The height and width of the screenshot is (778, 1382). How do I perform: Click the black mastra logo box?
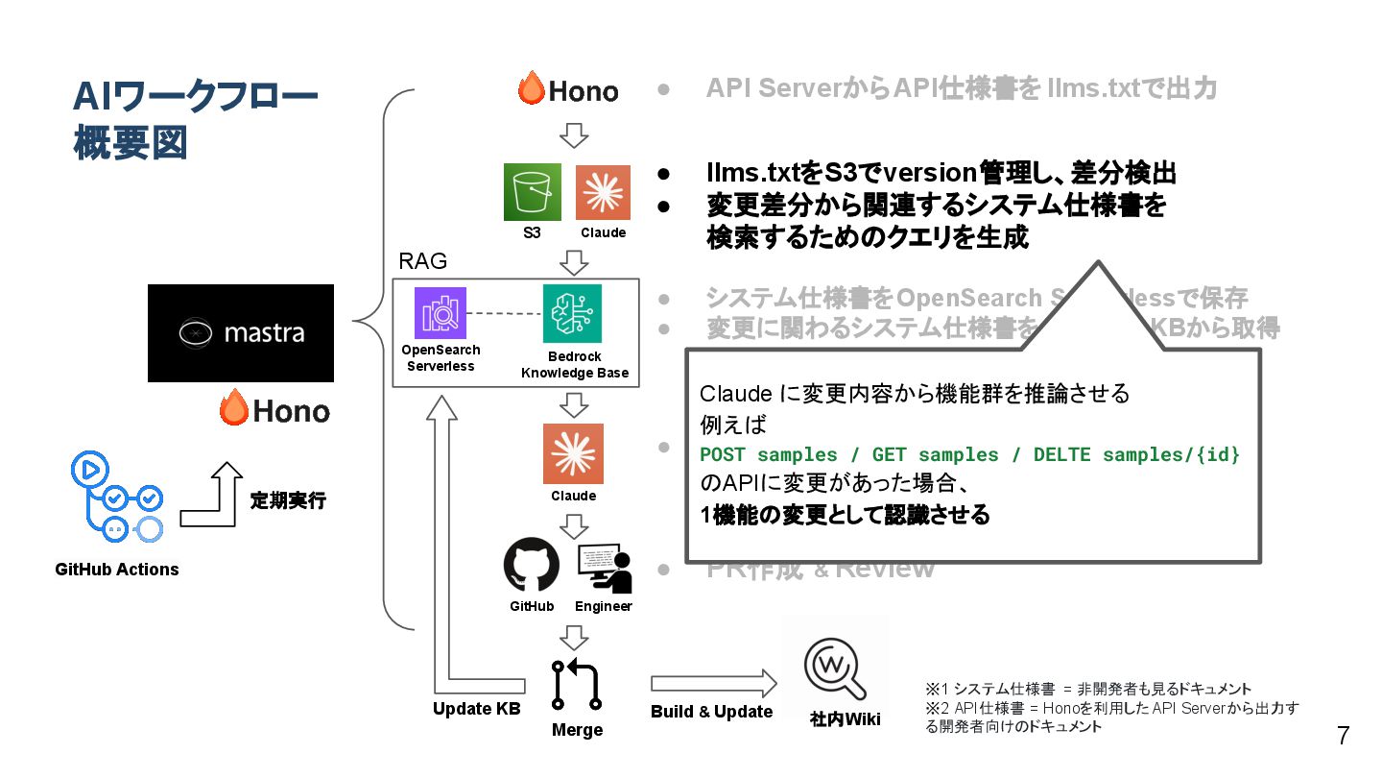(x=240, y=333)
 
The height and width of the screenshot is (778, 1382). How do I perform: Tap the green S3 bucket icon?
(x=533, y=193)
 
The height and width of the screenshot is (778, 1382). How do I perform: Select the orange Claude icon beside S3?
(x=603, y=193)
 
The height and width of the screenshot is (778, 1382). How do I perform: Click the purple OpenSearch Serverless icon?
(x=441, y=313)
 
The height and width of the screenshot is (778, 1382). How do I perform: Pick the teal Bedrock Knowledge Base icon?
(x=572, y=313)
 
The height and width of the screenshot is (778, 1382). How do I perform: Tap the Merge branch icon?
(x=577, y=683)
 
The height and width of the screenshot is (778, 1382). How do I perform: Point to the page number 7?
(x=1343, y=736)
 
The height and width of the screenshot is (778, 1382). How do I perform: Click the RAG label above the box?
(x=422, y=261)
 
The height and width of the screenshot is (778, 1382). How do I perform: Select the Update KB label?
(x=476, y=709)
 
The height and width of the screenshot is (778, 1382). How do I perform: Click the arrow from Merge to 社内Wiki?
(x=713, y=683)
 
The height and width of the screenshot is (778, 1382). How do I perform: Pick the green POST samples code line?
(x=969, y=454)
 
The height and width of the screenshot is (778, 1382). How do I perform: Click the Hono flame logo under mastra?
(x=274, y=411)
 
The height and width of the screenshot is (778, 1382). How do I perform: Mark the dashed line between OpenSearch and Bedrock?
(x=505, y=313)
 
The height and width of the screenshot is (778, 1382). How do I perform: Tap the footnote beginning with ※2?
(x=1111, y=717)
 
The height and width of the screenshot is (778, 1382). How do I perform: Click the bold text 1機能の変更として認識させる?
(x=845, y=515)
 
